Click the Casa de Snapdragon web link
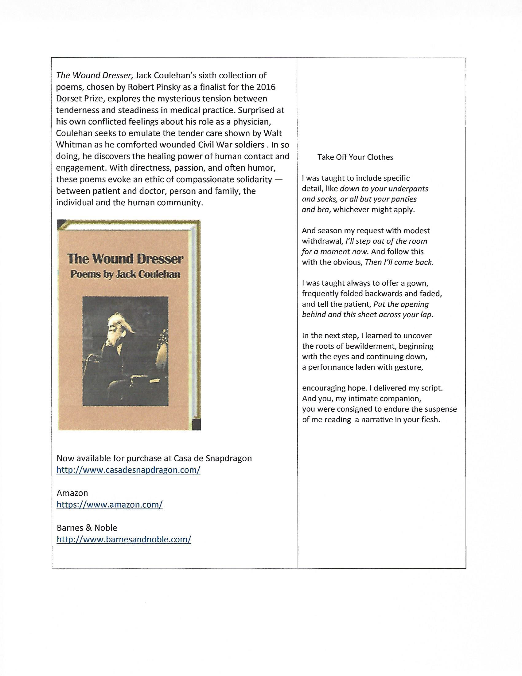[128, 470]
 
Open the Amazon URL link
[110, 505]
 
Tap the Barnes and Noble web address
[124, 540]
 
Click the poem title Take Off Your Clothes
[355, 157]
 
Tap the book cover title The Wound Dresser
[125, 259]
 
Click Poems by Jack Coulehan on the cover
[125, 274]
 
